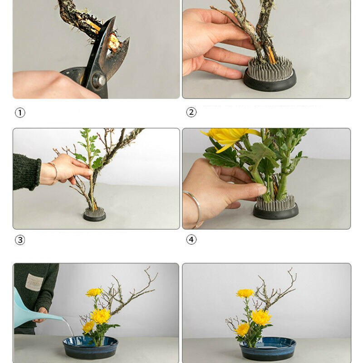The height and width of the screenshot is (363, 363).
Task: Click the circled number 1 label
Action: (x=20, y=113)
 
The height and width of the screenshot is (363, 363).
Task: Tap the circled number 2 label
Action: (x=191, y=112)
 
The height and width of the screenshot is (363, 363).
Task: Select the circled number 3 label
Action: (x=20, y=240)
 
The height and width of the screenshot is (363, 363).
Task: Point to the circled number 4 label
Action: (x=191, y=240)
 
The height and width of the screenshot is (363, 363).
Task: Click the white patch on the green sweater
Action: (x=34, y=282)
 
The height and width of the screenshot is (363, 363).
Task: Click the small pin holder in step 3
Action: (x=94, y=214)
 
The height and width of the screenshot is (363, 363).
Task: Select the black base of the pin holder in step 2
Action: (x=270, y=81)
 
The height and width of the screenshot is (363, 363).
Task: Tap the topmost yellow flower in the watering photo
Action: (x=94, y=292)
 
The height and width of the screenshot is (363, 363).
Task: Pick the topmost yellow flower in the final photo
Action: (x=245, y=293)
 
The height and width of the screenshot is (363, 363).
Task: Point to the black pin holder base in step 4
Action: (x=276, y=211)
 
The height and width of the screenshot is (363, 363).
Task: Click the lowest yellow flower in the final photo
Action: (x=242, y=330)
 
